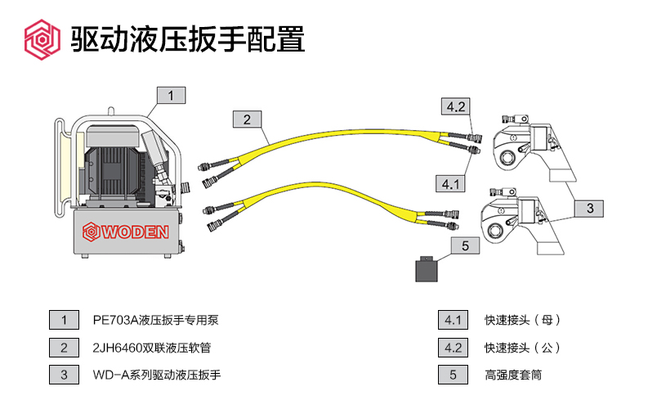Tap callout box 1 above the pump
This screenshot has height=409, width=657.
click(x=171, y=96)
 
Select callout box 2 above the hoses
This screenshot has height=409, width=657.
click(x=247, y=119)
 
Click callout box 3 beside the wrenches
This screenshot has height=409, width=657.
click(x=589, y=209)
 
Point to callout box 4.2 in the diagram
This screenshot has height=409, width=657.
click(x=455, y=106)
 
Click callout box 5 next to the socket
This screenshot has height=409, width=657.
click(x=464, y=245)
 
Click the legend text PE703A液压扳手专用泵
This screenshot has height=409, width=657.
click(x=156, y=321)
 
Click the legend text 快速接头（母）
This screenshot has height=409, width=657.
click(x=524, y=321)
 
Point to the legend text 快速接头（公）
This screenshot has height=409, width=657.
click(x=524, y=348)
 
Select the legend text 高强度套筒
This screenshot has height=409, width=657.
click(x=514, y=375)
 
